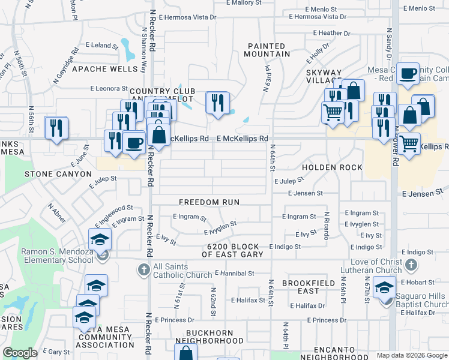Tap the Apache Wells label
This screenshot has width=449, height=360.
(104, 69)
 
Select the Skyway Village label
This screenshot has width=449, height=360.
(324, 76)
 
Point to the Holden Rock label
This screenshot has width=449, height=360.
(332, 167)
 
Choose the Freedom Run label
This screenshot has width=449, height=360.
(209, 202)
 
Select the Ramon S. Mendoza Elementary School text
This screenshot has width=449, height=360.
(56, 256)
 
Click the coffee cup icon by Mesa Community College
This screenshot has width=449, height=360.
(408, 74)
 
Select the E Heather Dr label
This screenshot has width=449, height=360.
(331, 33)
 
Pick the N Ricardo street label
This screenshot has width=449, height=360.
(327, 225)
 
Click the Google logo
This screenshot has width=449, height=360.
(20, 353)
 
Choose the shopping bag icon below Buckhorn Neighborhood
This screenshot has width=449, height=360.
(186, 353)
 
